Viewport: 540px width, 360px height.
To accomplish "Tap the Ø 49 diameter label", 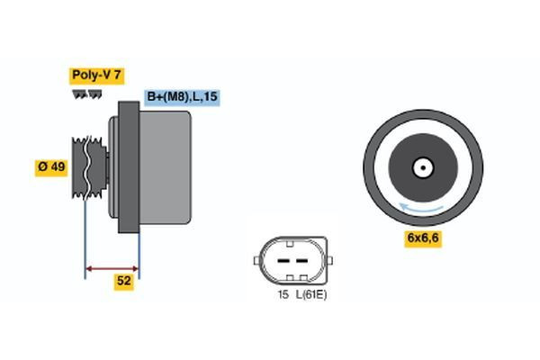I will [x=51, y=166].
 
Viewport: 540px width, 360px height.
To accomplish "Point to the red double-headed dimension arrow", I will [x=112, y=267].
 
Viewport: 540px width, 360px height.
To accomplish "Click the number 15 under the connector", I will [x=282, y=293].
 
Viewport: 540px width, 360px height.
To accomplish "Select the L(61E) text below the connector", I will [x=311, y=293].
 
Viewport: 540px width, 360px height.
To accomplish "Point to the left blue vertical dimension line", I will [x=85, y=234].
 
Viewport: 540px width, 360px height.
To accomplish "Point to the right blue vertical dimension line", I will [x=139, y=243].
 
